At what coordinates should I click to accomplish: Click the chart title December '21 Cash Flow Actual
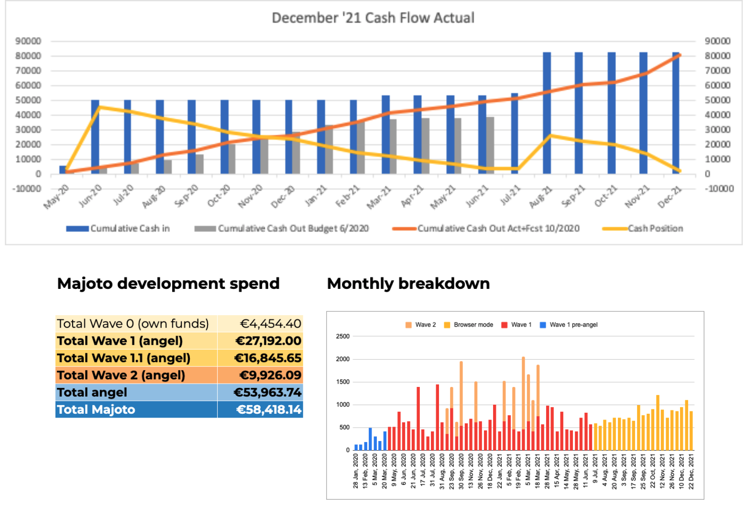point(373,18)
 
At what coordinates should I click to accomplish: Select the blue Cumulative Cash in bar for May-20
point(63,170)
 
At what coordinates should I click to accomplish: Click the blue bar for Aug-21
point(547,113)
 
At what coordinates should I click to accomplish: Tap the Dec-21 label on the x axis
point(670,197)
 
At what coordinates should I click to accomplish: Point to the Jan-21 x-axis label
point(316,197)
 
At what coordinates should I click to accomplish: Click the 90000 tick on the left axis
point(28,41)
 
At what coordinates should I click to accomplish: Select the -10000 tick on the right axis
point(719,188)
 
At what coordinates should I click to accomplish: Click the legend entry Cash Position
point(655,229)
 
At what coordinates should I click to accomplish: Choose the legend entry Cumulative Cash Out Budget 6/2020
point(293,229)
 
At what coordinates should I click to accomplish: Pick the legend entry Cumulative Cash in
point(130,229)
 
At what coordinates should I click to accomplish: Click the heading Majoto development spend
point(168,284)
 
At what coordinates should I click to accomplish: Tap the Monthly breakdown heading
point(408,284)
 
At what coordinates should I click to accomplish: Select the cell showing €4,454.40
point(270,324)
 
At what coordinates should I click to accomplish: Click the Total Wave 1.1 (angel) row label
point(123,358)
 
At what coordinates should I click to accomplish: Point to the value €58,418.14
point(269,410)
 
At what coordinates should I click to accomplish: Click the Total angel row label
point(92,393)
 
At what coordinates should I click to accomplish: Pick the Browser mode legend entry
point(473,325)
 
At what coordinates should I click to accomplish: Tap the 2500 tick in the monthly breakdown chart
point(343,336)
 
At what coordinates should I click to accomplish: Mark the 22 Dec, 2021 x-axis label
point(691,472)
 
